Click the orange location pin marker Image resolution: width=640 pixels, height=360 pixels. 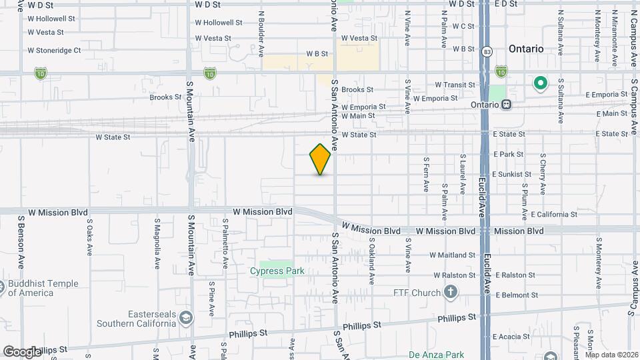[321, 159]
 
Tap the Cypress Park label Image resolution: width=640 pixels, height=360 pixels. [277, 271]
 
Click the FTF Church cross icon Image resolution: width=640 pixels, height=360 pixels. [451, 292]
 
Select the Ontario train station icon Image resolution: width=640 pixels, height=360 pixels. [507, 105]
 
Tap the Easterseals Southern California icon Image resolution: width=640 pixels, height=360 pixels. [185, 317]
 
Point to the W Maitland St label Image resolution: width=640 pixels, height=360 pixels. [452, 255]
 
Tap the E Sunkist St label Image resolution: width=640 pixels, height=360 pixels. [512, 174]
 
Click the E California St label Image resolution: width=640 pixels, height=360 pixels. [554, 215]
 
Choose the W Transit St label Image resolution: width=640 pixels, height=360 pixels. [455, 85]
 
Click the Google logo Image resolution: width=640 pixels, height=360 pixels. [21, 351]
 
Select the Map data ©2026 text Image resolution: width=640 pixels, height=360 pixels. [611, 355]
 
